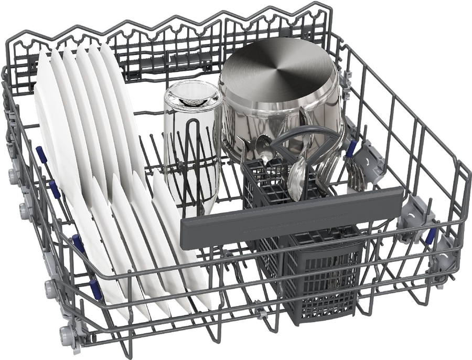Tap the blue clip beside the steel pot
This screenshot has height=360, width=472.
(x=350, y=149)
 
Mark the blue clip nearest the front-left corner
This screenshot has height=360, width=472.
(x=96, y=289)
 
